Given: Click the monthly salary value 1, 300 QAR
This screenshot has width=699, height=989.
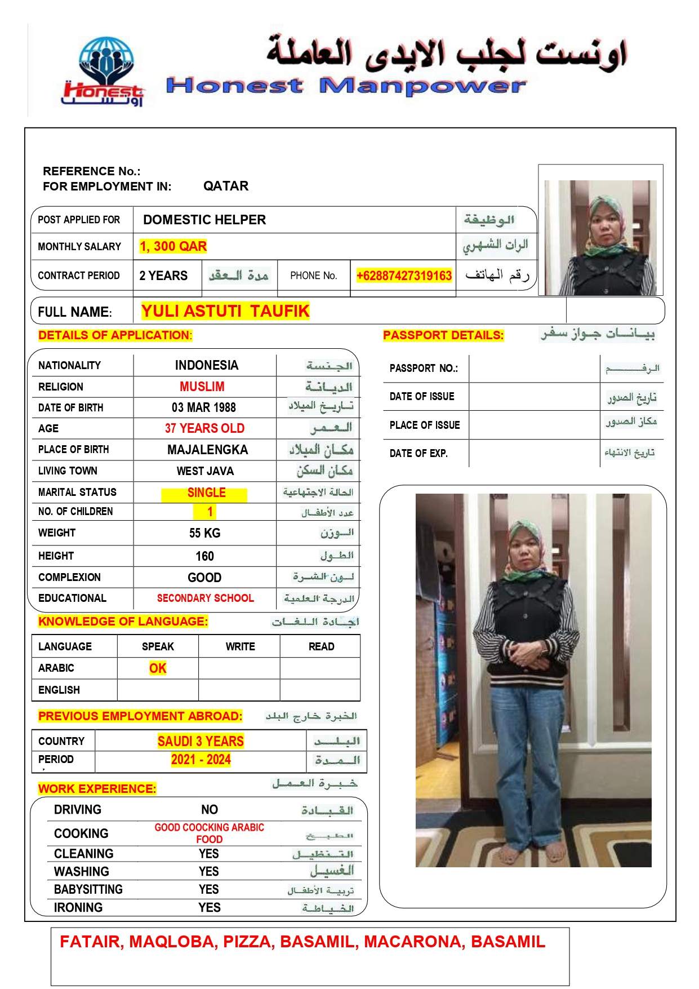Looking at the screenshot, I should coord(173,246).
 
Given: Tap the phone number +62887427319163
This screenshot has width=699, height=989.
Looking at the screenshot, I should coord(404,276).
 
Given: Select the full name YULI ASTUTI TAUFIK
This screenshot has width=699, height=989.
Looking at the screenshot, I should coord(225,311).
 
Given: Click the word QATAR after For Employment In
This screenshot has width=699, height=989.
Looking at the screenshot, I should coord(226,186).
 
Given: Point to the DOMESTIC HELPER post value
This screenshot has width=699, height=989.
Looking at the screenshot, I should coord(204,220).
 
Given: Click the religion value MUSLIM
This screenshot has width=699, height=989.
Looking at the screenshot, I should coord(202,387).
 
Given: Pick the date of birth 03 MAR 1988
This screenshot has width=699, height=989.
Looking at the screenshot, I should coord(204,407).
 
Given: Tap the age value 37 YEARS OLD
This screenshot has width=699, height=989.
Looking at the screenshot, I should coord(204,428).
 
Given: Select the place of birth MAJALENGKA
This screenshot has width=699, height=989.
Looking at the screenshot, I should coord(207,450).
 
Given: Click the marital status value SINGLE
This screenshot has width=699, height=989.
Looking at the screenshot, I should coord(206,493).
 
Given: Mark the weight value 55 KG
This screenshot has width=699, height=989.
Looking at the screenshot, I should coord(204,533).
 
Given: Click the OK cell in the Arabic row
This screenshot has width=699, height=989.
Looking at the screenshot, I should coord(158,668).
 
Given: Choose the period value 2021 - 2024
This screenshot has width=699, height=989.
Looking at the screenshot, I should coord(201,760).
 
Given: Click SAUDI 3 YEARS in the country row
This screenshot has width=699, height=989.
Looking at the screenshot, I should coord(201,741).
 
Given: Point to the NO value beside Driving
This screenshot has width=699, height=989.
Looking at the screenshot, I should coord(210,810).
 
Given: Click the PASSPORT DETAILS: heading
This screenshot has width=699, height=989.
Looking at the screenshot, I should coord(443,335).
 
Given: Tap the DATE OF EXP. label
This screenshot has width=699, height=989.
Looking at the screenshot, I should coord(418,453).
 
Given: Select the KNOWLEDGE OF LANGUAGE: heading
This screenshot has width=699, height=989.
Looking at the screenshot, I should coord(123,622).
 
